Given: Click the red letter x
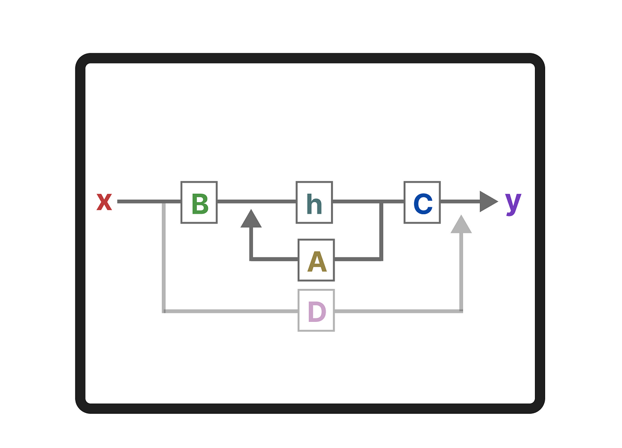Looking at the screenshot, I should point(104,202).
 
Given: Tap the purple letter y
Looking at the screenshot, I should point(513,203).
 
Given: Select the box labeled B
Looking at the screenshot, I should point(199,202).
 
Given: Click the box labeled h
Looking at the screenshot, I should point(314,202).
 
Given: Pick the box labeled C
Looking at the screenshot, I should point(422,202).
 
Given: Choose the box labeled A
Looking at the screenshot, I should point(316,260).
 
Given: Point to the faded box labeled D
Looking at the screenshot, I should point(316,311).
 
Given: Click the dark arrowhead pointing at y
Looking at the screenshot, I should point(488,202).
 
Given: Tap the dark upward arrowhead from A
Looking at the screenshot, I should point(251,219).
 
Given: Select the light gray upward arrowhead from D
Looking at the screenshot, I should point(461,224).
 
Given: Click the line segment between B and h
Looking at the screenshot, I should point(256,202).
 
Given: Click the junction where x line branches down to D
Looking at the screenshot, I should point(164,202).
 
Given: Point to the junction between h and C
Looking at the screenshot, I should point(381,202).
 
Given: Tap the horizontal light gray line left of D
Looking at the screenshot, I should point(231,311).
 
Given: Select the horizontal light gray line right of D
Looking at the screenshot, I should point(398,311).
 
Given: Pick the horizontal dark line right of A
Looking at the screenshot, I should point(358,259).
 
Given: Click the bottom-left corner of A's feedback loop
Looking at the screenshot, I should point(251,259).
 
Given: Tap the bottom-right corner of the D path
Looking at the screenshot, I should point(461,311).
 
